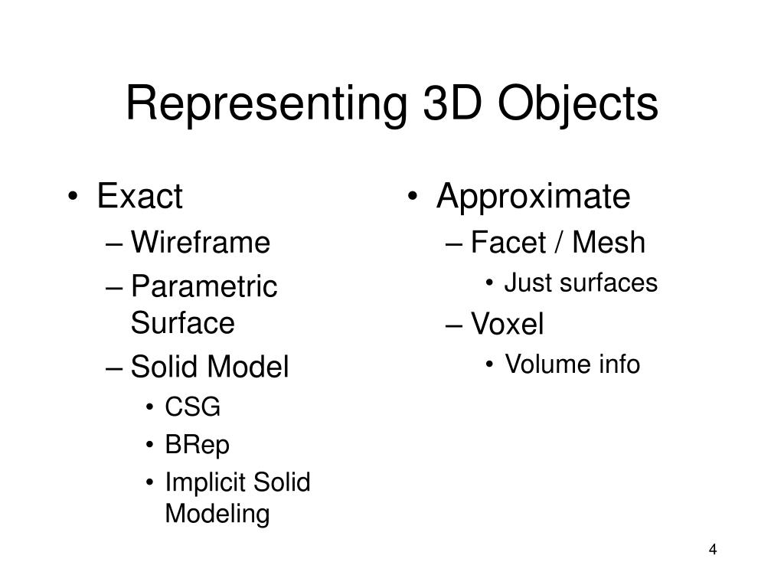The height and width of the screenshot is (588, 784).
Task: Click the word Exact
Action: point(140,197)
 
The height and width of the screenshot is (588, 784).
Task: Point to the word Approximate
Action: point(533,197)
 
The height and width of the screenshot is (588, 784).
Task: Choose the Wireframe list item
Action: point(201,243)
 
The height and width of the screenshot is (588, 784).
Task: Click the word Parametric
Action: point(204,288)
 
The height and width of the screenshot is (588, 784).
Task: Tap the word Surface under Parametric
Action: point(182,323)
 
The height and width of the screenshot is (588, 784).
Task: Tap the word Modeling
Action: point(217,514)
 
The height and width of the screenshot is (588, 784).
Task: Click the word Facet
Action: point(502,243)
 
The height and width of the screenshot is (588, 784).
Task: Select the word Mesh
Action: point(609,243)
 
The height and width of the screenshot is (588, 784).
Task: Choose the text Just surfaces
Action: point(581,283)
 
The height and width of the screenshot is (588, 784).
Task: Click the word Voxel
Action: point(507,325)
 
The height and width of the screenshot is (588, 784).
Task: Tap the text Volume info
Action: point(572,365)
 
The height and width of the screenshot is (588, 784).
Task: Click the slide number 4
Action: point(713,550)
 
